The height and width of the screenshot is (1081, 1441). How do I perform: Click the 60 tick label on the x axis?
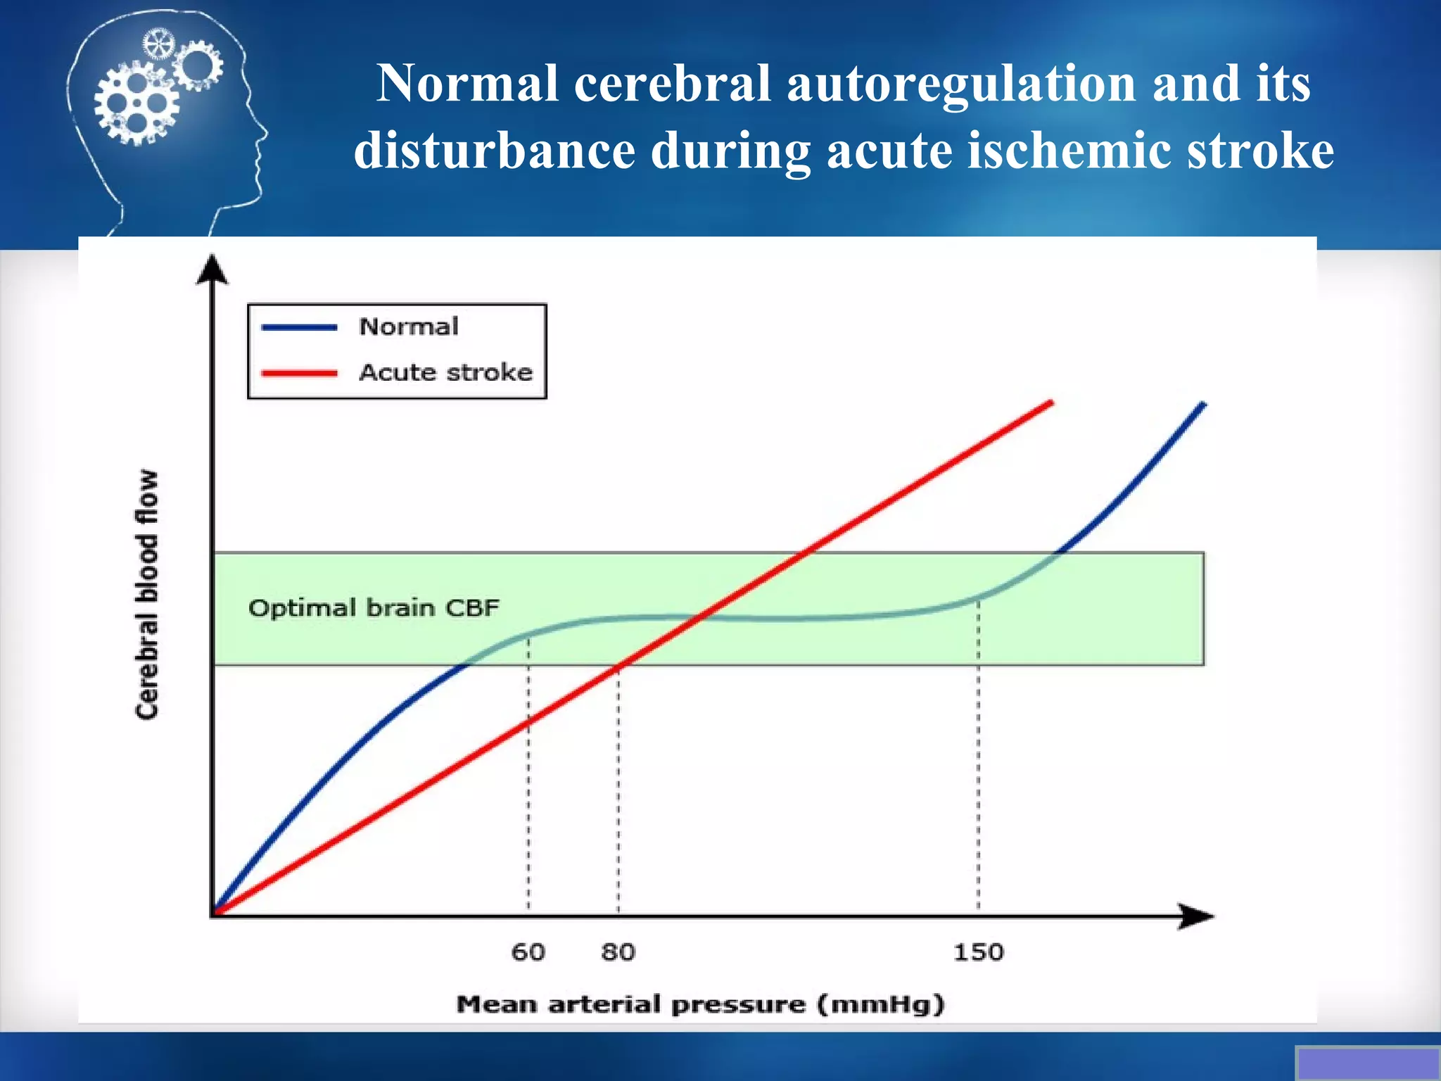tap(528, 952)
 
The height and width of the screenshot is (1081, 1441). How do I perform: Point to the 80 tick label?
tap(618, 952)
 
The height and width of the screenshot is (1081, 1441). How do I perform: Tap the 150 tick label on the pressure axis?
tap(978, 952)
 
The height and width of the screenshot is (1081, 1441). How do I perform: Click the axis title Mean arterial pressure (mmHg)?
tap(700, 1004)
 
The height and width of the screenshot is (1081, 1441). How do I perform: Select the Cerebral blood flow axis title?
tap(147, 595)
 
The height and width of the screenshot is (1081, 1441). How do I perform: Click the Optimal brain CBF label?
tap(374, 608)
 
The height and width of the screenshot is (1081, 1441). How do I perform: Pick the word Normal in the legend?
tap(409, 327)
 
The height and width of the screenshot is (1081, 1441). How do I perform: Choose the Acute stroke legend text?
tap(445, 372)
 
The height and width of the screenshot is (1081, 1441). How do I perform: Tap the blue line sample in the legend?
tap(299, 327)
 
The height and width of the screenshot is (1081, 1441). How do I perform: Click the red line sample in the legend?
tap(299, 373)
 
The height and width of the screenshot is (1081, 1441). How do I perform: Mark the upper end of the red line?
tap(1051, 403)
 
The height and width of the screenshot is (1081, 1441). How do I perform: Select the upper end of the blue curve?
tap(1204, 404)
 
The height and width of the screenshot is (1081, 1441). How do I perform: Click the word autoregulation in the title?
tap(960, 84)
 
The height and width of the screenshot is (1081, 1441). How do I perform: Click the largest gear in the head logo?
tap(136, 104)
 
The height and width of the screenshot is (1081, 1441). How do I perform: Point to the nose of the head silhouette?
tap(265, 133)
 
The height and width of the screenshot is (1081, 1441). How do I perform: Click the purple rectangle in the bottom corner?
tap(1368, 1063)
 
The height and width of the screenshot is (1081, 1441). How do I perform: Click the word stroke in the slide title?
tap(1260, 151)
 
